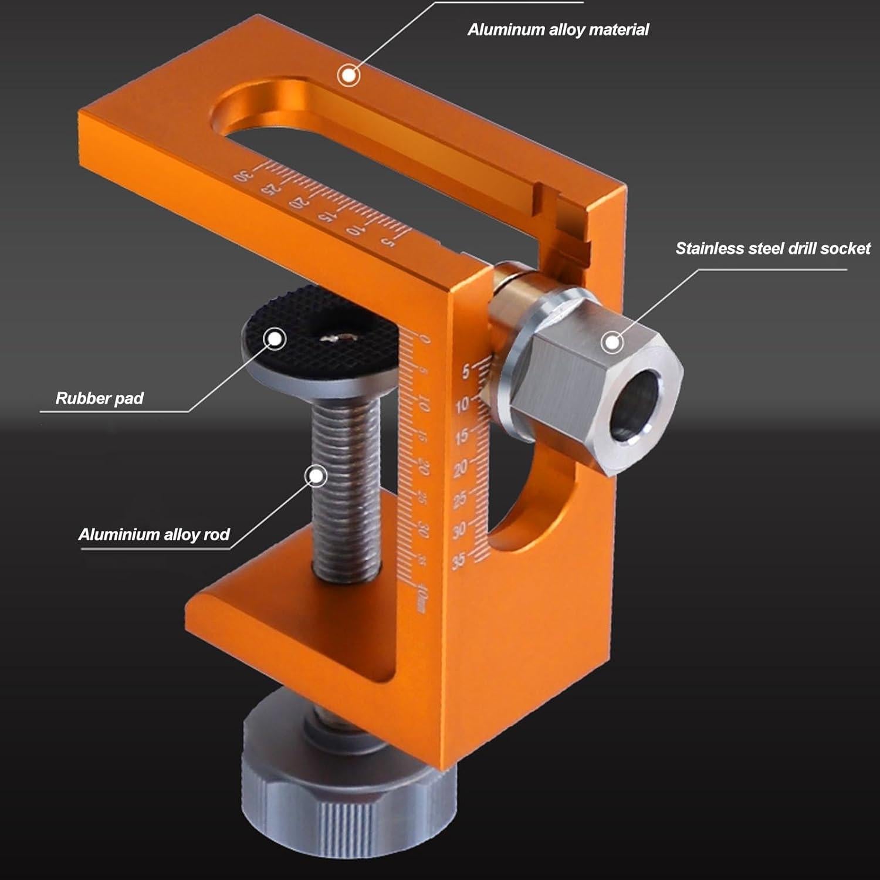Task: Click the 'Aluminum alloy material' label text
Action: pyautogui.click(x=558, y=30)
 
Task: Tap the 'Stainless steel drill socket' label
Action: pyautogui.click(x=772, y=249)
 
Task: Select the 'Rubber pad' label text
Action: pyautogui.click(x=99, y=399)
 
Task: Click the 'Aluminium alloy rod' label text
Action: pyautogui.click(x=154, y=534)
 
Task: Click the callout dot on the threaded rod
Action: pyautogui.click(x=317, y=476)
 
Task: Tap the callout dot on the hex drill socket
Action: pyautogui.click(x=612, y=341)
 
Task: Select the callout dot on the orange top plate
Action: pyautogui.click(x=348, y=75)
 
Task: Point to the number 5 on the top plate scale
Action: pyautogui.click(x=387, y=241)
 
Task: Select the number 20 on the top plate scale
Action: pyautogui.click(x=297, y=204)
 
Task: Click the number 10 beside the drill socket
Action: pyautogui.click(x=462, y=404)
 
